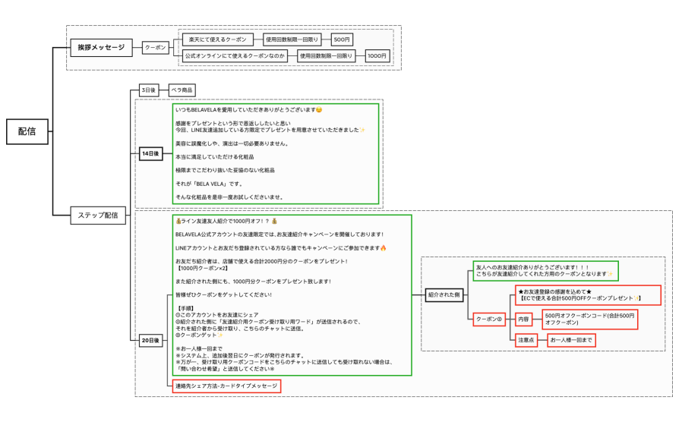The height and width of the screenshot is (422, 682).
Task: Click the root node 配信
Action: [x=27, y=131]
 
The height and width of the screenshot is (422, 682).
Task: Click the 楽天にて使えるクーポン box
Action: [x=216, y=39]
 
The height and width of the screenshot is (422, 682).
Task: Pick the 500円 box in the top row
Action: [x=342, y=39]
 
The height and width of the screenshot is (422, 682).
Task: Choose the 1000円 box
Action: [x=377, y=55]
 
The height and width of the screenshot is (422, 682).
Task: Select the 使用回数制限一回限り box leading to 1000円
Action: [x=325, y=55]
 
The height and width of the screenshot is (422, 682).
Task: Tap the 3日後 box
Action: [x=149, y=90]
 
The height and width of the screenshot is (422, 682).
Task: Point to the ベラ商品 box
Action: [x=182, y=90]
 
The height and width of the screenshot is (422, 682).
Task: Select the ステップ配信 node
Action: [x=98, y=215]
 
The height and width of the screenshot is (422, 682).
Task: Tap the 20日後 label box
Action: [x=150, y=340]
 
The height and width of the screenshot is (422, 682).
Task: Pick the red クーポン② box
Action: [x=489, y=318]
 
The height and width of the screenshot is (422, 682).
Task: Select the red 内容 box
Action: [x=524, y=318]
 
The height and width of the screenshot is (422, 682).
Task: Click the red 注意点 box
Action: [x=526, y=340]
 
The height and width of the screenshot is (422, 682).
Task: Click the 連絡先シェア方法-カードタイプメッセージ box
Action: [x=226, y=386]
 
